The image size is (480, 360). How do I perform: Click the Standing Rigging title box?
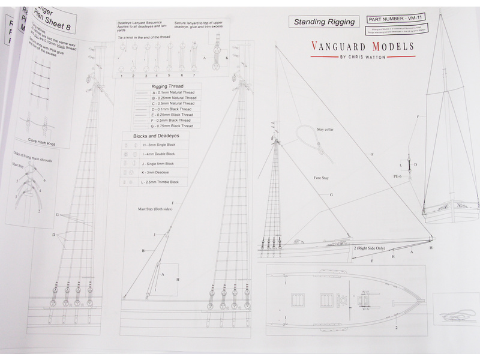pyautogui.click(x=324, y=22)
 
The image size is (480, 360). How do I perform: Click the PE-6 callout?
pyautogui.click(x=397, y=176)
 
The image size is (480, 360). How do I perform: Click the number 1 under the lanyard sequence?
pyautogui.click(x=122, y=76)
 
